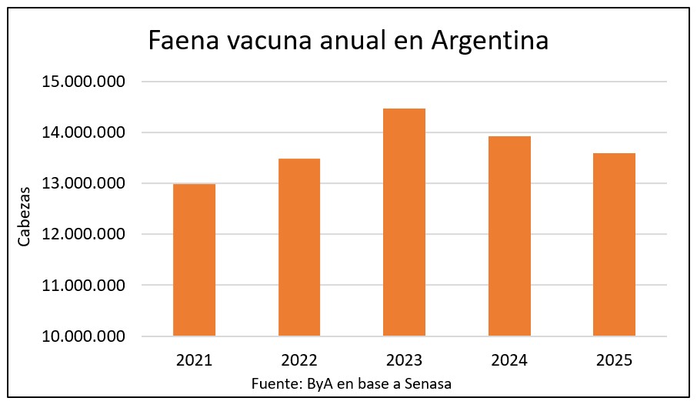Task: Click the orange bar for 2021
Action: pos(194,259)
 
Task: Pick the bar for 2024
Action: pos(509,236)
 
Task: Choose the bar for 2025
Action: pos(614,244)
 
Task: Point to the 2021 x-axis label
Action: pos(194,360)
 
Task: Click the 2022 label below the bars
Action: pos(299,360)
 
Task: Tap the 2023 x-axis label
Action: pos(404,360)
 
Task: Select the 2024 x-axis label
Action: pos(509,360)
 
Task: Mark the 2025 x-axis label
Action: pos(614,360)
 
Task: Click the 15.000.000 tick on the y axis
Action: pos(82,82)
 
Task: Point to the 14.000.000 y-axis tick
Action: pos(82,133)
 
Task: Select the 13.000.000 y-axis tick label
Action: pos(82,184)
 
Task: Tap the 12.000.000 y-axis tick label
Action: pos(82,235)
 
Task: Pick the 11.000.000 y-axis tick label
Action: pos(82,286)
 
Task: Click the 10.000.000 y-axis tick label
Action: pos(82,336)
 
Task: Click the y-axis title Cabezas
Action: pos(25,216)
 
